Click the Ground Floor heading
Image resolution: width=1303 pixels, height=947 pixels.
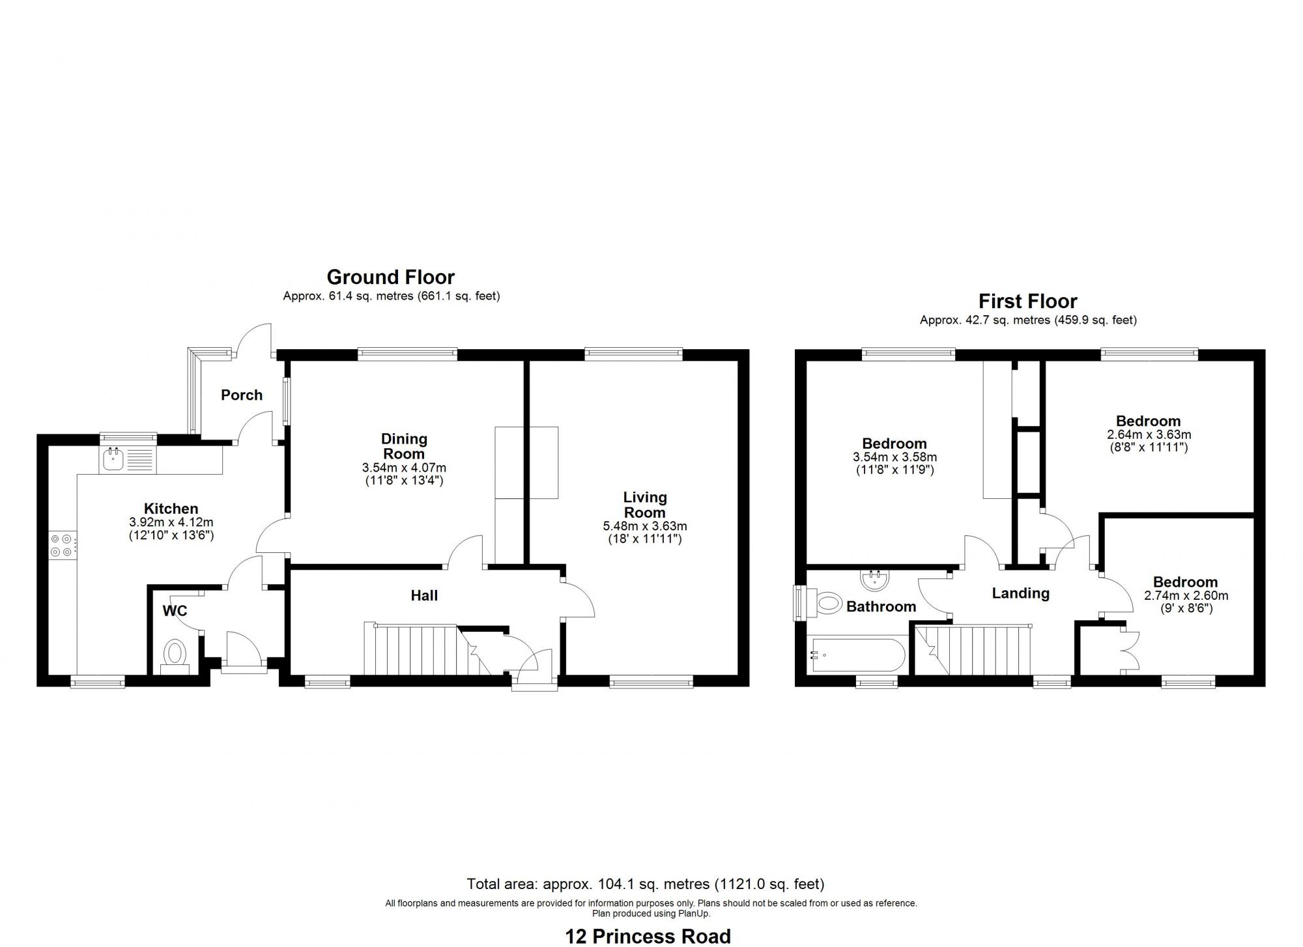tap(390, 277)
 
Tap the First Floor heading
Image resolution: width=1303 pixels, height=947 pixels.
tap(1027, 302)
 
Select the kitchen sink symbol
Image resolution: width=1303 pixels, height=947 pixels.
tap(113, 459)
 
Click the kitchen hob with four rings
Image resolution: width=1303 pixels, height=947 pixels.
tap(61, 545)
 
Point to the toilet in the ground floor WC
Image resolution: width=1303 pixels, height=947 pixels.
tap(174, 653)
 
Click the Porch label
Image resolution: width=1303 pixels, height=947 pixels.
tap(241, 395)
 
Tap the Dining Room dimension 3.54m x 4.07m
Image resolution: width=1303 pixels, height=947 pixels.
tap(404, 468)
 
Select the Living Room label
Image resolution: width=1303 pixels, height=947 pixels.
tap(644, 505)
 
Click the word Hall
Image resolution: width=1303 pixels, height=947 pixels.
tap(424, 595)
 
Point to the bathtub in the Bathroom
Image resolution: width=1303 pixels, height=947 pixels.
tap(855, 655)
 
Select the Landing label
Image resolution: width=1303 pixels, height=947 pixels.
tap(1020, 593)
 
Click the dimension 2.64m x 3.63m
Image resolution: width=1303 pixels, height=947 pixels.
tap(1149, 435)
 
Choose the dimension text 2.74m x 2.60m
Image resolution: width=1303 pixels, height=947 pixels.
tap(1186, 596)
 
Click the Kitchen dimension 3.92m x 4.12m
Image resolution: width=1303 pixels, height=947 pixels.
tap(171, 522)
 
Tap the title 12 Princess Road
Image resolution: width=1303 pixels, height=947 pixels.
tap(648, 936)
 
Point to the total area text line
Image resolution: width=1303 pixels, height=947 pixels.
tap(645, 884)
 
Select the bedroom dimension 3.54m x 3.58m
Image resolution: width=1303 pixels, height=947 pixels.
tap(895, 458)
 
